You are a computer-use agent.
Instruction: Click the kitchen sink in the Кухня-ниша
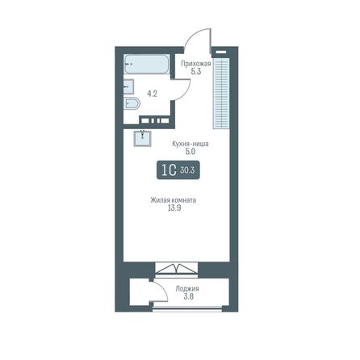143,136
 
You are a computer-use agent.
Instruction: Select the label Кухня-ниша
191,142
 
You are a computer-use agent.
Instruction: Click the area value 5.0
191,151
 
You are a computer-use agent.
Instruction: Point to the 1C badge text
168,171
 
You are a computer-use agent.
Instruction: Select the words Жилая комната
174,200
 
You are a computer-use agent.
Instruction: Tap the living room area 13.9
174,209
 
